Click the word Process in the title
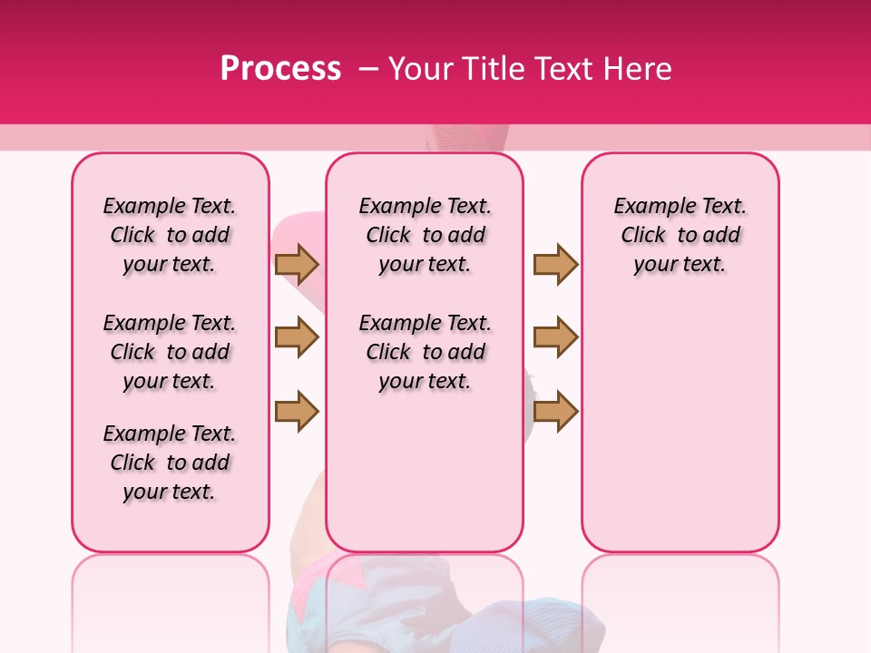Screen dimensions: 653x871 280,69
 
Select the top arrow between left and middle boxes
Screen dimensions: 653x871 297,264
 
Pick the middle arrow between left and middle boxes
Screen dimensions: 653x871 297,337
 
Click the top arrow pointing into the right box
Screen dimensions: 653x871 555,264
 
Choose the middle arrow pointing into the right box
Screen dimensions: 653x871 555,337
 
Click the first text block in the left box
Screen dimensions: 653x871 170,235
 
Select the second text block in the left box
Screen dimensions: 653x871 170,352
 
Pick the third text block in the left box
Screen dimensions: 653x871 170,463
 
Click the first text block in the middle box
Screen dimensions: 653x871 425,235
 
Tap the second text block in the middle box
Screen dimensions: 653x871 425,352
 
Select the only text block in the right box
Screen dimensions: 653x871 680,235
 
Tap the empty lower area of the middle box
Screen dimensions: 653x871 425,472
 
